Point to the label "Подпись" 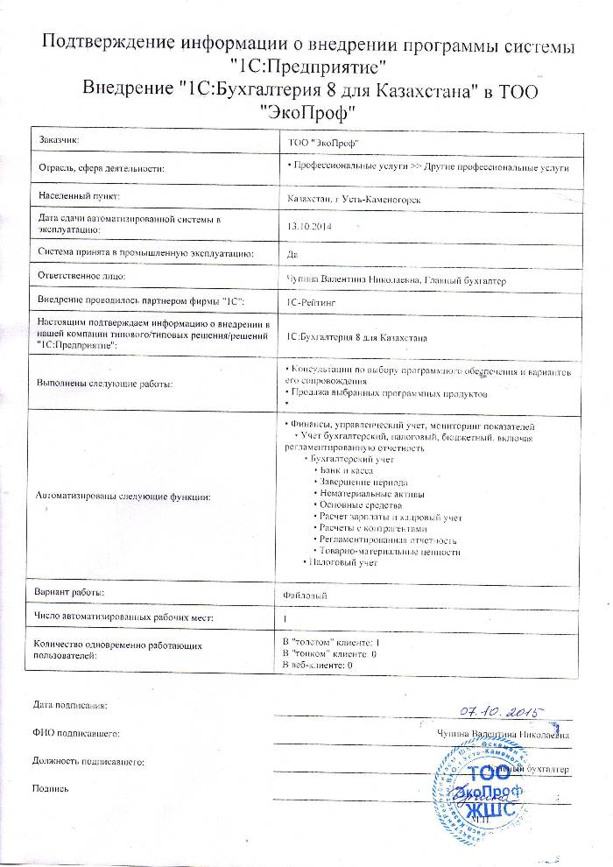pyautogui.click(x=50, y=789)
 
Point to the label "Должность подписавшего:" pyautogui.click(x=88, y=762)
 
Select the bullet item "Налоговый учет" pyautogui.click(x=342, y=563)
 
